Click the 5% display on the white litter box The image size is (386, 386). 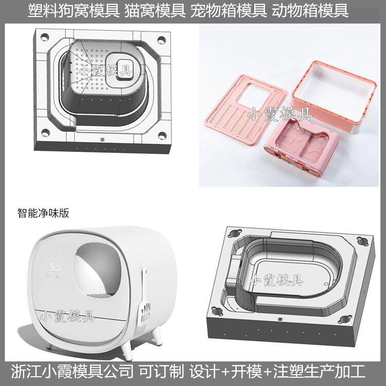tap(56, 267)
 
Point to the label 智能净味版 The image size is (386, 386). tap(43, 213)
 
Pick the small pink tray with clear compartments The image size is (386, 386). tap(302, 145)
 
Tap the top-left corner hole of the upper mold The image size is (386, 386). tap(45, 38)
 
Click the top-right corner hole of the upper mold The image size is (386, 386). tap(162, 40)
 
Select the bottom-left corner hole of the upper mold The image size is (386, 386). tap(45, 133)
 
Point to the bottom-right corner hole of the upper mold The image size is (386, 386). tap(162, 135)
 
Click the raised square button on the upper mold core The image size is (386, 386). tap(125, 69)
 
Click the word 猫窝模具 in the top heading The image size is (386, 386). tap(154, 11)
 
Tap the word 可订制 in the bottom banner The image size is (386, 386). tap(161, 371)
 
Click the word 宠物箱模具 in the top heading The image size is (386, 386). tap(229, 11)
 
